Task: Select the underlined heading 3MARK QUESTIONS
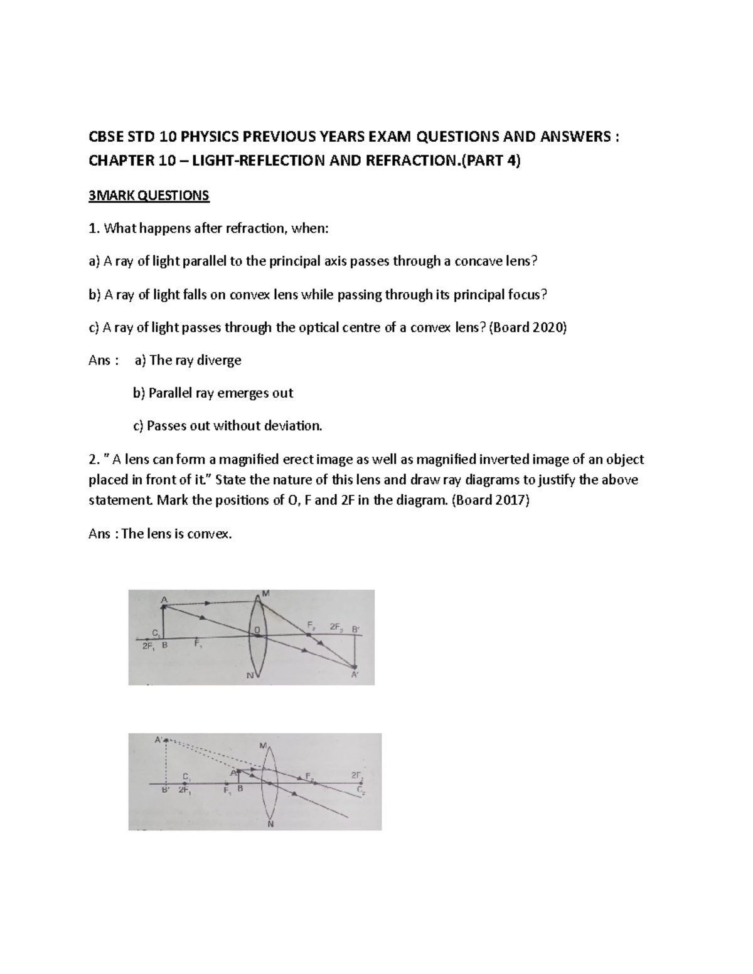pos(149,196)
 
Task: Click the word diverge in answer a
pos(219,360)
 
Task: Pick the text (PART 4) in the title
pos(490,161)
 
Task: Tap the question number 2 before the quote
pos(93,460)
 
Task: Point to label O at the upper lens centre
pos(257,628)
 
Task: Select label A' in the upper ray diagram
pos(355,675)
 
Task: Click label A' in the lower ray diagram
pos(159,739)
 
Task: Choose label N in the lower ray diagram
pos(270,824)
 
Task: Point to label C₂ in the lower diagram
pos(360,790)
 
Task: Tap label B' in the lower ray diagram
pos(165,791)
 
